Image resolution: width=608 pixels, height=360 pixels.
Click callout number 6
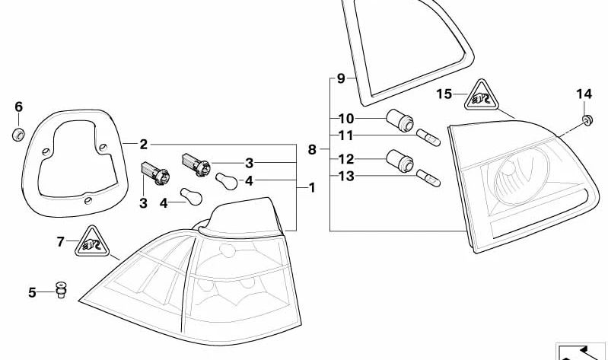pyautogui.click(x=19, y=107)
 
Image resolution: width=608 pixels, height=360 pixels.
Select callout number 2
pyautogui.click(x=144, y=143)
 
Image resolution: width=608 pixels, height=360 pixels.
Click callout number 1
pyautogui.click(x=310, y=186)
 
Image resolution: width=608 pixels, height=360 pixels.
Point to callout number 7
pyautogui.click(x=61, y=243)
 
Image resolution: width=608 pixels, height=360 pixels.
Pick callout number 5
pyautogui.click(x=32, y=292)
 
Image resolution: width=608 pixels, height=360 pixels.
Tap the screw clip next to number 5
pyautogui.click(x=60, y=290)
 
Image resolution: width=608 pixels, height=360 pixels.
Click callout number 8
pyautogui.click(x=312, y=150)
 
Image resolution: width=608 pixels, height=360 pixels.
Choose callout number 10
pyautogui.click(x=346, y=119)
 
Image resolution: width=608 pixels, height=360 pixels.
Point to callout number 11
pyautogui.click(x=346, y=136)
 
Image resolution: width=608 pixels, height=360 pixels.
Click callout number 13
pyautogui.click(x=346, y=177)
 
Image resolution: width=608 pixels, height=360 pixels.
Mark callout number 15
pyautogui.click(x=445, y=94)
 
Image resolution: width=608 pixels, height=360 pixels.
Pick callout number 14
pyautogui.click(x=583, y=94)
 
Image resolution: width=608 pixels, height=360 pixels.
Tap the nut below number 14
pyautogui.click(x=587, y=119)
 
